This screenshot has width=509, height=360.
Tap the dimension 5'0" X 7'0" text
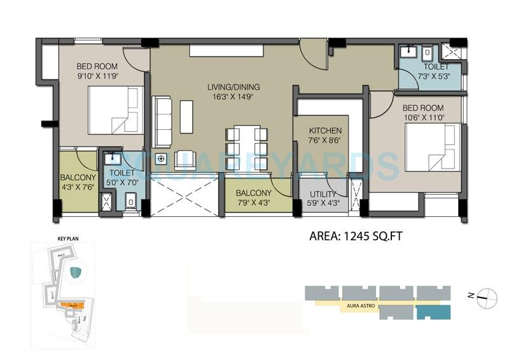(121, 182)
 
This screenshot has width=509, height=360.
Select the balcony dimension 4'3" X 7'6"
(78, 187)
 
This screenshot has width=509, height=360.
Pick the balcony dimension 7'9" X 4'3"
(253, 203)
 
